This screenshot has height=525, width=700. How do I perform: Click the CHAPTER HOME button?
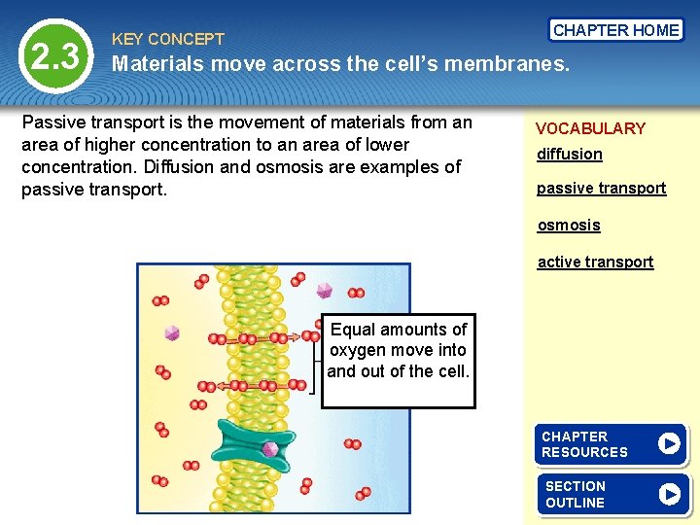click(x=616, y=30)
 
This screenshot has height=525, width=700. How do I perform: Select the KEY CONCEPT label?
click(x=168, y=40)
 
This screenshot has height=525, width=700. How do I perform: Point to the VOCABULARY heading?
click(x=590, y=128)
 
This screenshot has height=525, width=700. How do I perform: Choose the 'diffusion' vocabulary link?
click(x=570, y=155)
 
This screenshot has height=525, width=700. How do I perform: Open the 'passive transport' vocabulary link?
click(x=601, y=189)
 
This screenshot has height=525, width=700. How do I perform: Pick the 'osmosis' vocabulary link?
click(x=569, y=226)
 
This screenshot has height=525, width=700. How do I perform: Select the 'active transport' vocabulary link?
click(x=595, y=262)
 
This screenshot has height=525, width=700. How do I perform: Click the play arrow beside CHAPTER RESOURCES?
click(x=669, y=444)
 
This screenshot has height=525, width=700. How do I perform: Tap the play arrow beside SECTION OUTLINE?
click(x=669, y=494)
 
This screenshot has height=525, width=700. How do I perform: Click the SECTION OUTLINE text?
click(x=576, y=494)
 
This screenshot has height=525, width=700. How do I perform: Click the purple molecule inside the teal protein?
click(x=270, y=449)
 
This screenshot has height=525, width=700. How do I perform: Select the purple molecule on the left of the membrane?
click(x=172, y=332)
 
